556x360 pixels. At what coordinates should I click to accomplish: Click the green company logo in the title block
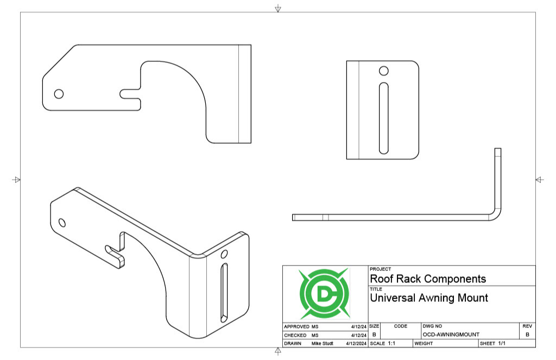(x=325, y=293)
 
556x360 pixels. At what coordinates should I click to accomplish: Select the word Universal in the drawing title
(x=391, y=298)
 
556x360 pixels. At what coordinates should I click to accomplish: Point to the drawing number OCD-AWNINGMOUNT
(x=451, y=334)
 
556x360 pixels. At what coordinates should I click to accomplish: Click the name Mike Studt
(x=322, y=344)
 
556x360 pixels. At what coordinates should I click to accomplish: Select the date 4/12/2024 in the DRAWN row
(x=356, y=344)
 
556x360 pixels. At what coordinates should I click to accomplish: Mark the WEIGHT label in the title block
(x=424, y=344)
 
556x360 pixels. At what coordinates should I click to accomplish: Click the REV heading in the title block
(x=527, y=326)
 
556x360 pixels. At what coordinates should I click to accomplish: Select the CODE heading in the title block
(x=401, y=326)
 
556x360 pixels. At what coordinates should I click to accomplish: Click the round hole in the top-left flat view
(x=59, y=93)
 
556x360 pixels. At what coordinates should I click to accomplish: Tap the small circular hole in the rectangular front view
(x=383, y=70)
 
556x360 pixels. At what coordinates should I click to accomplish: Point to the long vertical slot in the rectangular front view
(x=383, y=117)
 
